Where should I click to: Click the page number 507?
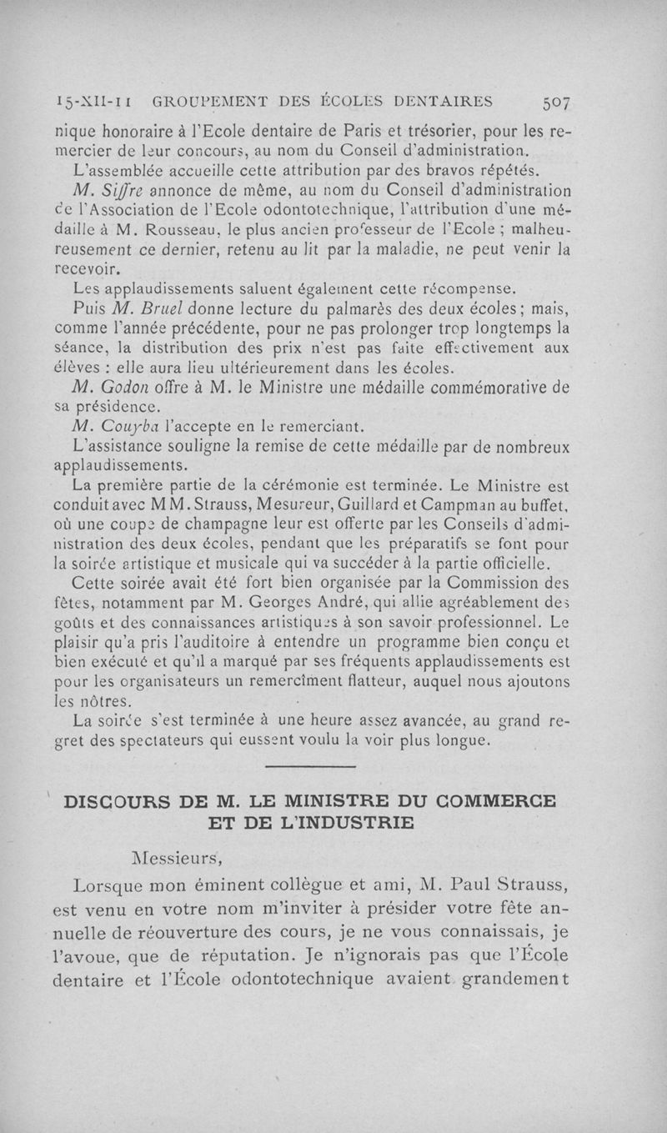(x=555, y=103)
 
